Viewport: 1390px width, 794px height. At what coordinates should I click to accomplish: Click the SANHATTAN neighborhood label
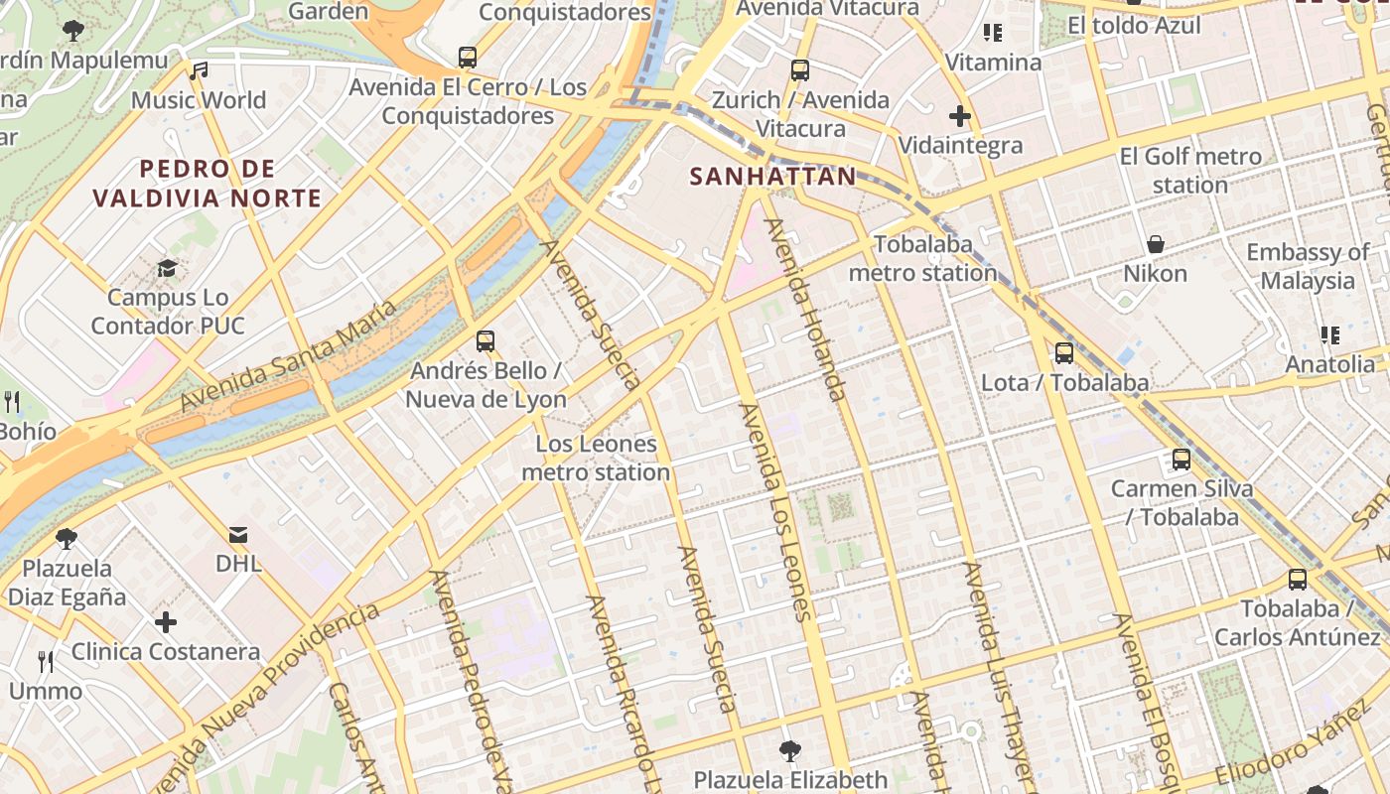[x=772, y=177]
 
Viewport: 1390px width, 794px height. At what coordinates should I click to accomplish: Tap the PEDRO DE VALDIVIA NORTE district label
[x=207, y=184]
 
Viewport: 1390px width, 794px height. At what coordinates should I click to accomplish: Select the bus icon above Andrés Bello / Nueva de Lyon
[x=485, y=341]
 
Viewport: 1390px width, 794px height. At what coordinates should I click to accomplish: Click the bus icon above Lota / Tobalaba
[x=1063, y=352]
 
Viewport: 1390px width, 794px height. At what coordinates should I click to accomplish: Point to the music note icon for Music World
[x=199, y=70]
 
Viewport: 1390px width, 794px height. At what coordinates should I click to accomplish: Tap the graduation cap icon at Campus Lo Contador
[x=167, y=268]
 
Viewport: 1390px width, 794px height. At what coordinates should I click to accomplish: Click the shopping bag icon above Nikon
[x=1155, y=244]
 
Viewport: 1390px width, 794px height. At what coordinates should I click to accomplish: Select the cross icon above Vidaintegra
[x=959, y=116]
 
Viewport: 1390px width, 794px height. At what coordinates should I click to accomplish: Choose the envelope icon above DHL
[x=238, y=535]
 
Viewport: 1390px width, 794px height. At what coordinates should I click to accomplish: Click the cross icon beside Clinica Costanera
[x=166, y=622]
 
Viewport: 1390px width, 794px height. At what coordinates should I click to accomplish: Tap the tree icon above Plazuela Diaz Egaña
[x=67, y=539]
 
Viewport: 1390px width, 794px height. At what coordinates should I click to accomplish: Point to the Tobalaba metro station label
[x=923, y=258]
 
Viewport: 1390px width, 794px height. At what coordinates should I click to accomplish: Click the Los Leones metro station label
[x=596, y=458]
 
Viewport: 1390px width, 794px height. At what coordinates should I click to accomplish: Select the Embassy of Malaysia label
[x=1308, y=266]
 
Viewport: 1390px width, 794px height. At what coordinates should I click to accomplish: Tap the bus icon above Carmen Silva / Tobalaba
[x=1181, y=460]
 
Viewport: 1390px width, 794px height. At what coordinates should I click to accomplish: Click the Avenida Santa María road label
[x=288, y=355]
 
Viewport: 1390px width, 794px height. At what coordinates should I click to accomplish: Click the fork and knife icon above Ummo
[x=46, y=661]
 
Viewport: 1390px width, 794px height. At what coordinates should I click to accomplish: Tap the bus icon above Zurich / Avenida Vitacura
[x=800, y=70]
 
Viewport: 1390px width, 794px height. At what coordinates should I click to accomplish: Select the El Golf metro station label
[x=1190, y=171]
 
